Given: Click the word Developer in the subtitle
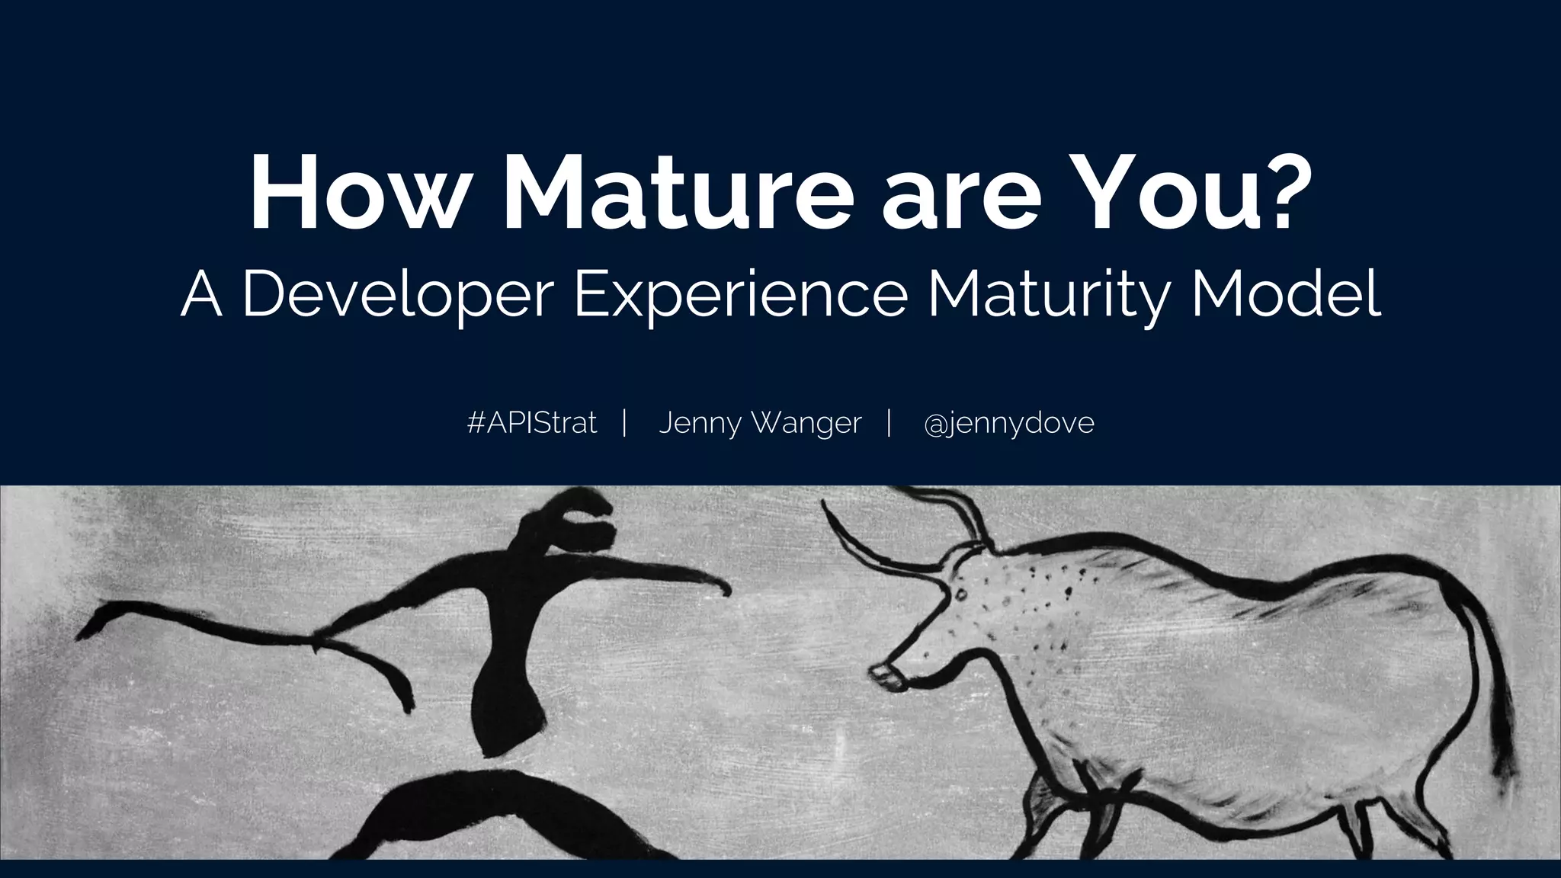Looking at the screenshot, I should [396, 297].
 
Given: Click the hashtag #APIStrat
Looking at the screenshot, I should [532, 422].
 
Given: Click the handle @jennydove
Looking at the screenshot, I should [1008, 424].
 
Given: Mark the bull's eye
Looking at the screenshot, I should [961, 594].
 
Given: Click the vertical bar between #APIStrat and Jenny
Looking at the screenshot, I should [624, 422].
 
